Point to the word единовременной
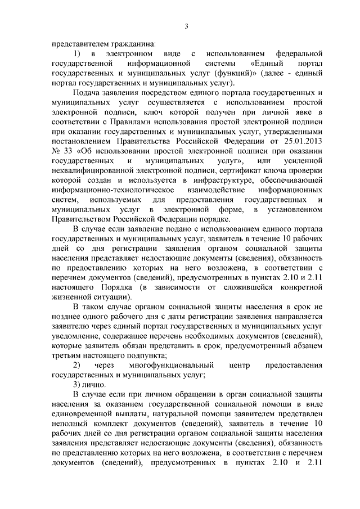click(87, 417)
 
